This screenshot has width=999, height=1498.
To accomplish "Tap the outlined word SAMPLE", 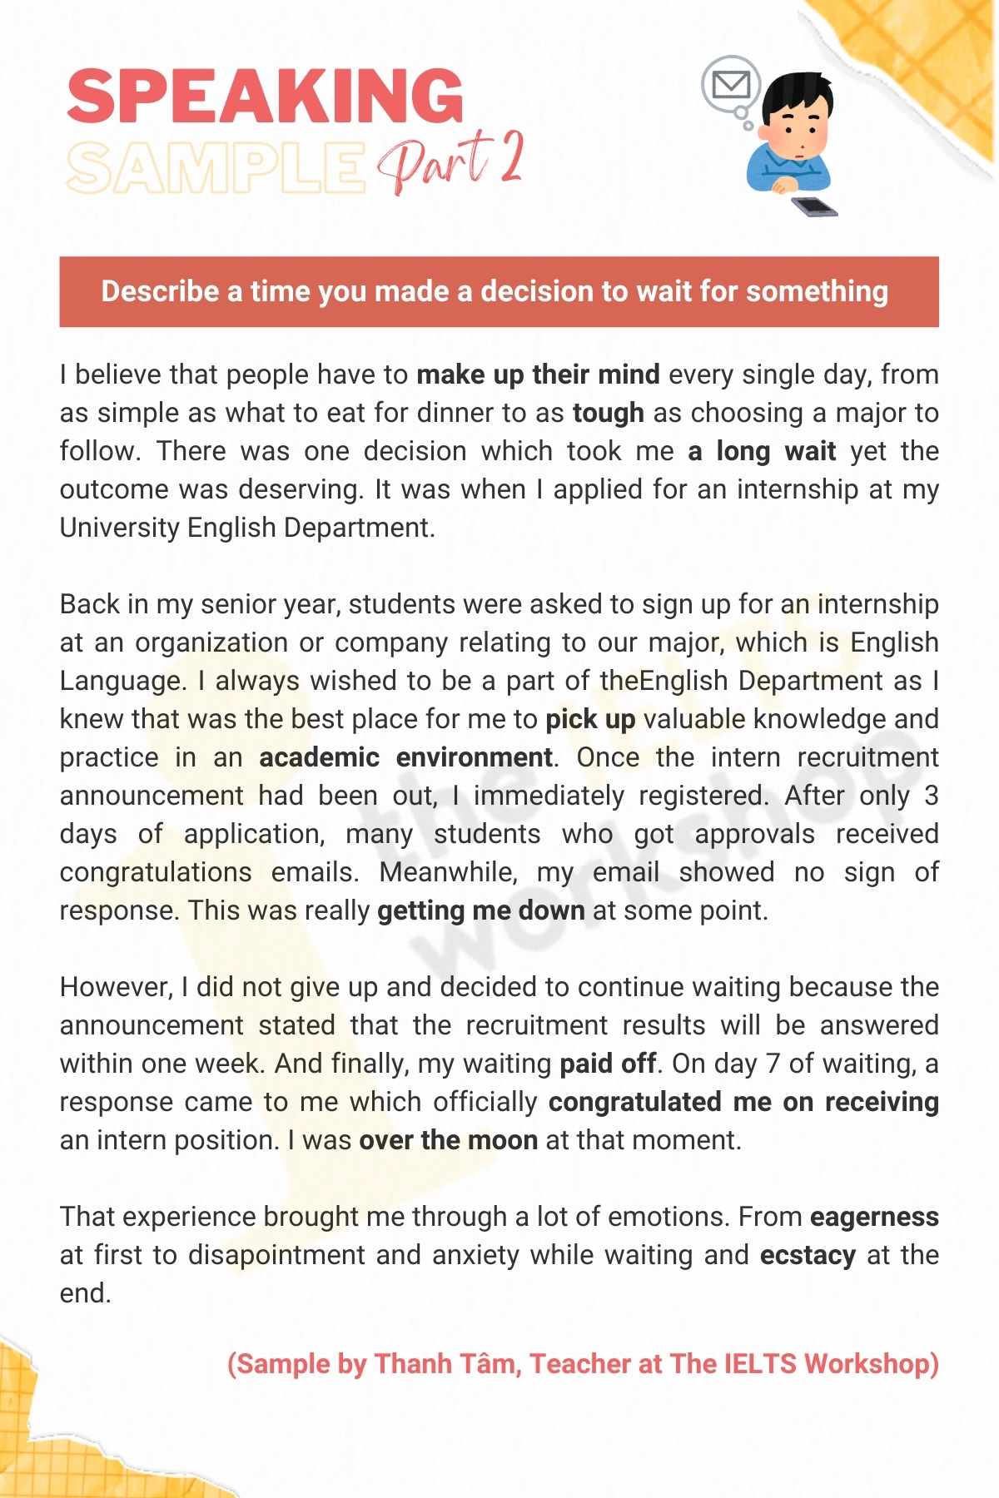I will (215, 167).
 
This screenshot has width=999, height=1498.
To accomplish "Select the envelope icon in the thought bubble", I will (732, 84).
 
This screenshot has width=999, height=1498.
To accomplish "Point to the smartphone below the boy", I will (813, 206).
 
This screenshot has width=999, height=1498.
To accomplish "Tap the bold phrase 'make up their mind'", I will (538, 374).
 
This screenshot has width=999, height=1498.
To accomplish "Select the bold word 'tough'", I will (608, 413).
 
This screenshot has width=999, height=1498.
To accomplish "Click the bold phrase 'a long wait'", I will (762, 451).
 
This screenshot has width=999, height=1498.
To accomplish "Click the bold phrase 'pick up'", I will (590, 719).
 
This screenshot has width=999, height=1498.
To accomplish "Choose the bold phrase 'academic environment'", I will (405, 757).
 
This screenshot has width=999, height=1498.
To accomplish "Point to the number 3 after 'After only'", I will (930, 796).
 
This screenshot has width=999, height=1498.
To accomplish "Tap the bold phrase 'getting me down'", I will (480, 910).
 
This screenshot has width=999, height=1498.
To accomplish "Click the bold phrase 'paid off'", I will (607, 1064).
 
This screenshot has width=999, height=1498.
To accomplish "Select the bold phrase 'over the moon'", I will (448, 1140).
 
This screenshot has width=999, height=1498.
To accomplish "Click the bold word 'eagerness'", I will (873, 1217).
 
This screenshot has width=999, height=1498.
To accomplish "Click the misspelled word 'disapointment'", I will (276, 1255).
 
